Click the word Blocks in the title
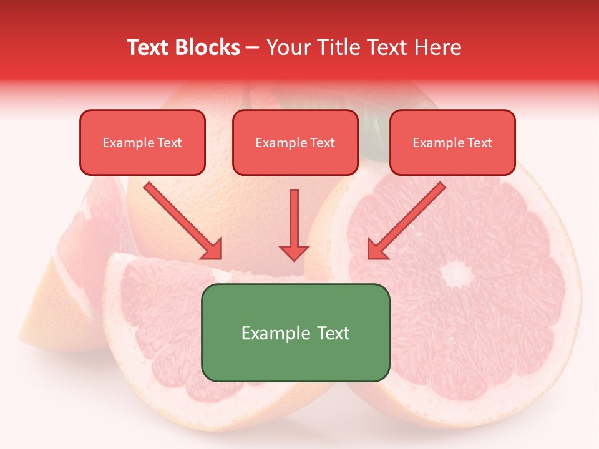coord(208,47)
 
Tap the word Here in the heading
coord(437,47)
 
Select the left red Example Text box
coord(142,142)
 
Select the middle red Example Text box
coord(295,142)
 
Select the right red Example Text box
coord(452,142)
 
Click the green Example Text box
coord(295,332)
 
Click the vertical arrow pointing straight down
coord(294,221)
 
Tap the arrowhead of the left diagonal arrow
coord(212,249)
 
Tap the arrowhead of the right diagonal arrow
coord(377,249)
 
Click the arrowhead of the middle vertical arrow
coord(294,252)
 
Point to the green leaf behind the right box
coord(374,134)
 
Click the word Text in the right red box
coord(480,143)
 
